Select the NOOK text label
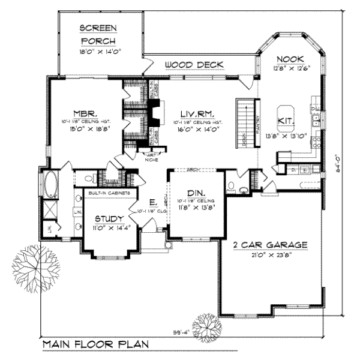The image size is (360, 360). [291, 58]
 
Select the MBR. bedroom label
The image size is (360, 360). [82, 112]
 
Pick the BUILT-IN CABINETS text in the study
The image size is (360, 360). [101, 194]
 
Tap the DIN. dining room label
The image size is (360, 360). [196, 193]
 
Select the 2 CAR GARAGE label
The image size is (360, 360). [270, 245]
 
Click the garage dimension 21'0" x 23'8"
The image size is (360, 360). [270, 254]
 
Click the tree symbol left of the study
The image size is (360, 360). [35, 264]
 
